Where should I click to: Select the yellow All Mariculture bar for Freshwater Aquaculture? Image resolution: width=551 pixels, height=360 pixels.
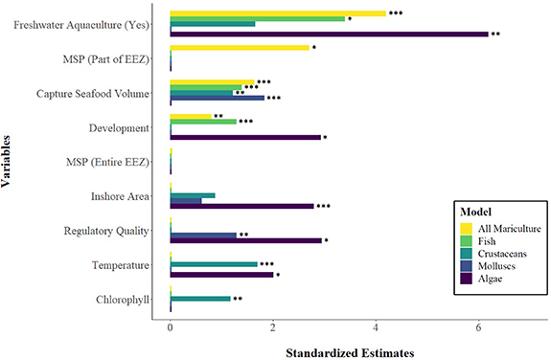(277, 13)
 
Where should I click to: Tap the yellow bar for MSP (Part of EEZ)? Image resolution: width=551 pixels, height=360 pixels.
(239, 47)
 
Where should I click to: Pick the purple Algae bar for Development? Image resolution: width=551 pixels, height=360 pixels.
(244, 137)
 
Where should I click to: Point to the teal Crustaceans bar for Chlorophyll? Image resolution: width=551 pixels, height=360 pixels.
(199, 298)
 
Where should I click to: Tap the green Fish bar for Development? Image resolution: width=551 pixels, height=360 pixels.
(202, 122)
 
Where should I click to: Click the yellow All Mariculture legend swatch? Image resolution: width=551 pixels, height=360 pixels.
(466, 228)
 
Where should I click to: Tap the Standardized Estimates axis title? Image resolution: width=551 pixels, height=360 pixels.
(350, 351)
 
